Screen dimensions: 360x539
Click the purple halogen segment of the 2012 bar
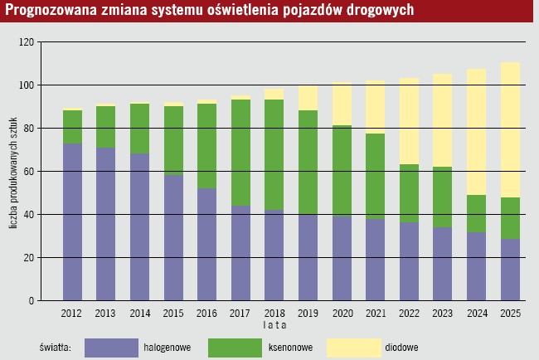pos(73,221)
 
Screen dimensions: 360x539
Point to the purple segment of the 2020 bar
pos(342,258)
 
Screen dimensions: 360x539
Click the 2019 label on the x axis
pos(308,313)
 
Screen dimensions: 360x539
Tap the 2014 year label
pos(140,313)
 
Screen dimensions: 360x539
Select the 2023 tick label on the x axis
pos(443,313)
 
